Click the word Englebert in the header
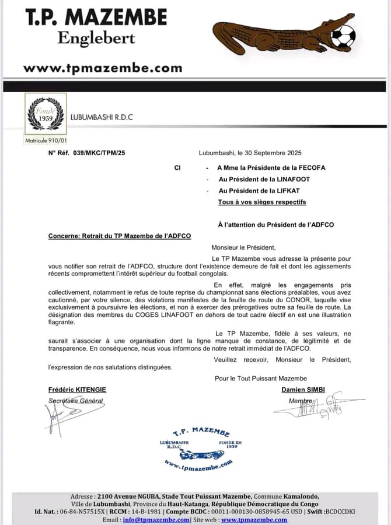pos(96,38)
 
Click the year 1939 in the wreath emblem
pos(46,117)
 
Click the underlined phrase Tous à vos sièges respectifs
pos(261,202)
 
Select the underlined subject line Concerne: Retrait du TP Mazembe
pos(120,236)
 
